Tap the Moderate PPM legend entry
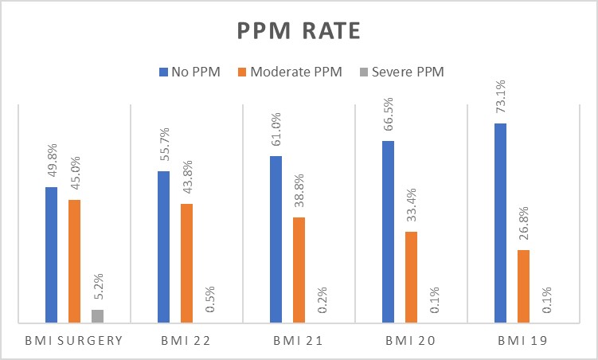click(x=289, y=72)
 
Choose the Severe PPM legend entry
click(x=403, y=72)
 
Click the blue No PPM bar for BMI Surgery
click(x=51, y=255)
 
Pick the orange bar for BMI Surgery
click(x=74, y=261)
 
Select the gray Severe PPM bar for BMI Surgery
click(x=97, y=316)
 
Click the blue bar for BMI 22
click(x=163, y=247)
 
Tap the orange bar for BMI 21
click(x=299, y=270)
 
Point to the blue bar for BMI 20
click(x=389, y=232)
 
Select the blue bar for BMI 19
click(x=501, y=223)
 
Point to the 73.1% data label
click(x=501, y=99)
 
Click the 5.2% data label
click(x=98, y=287)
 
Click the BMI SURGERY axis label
click(x=74, y=342)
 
